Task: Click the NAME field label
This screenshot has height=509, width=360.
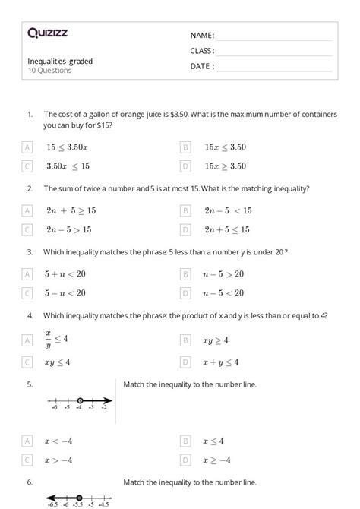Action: [202, 36]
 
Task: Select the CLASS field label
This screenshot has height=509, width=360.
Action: [202, 51]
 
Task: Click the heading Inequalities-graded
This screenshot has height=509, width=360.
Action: [60, 62]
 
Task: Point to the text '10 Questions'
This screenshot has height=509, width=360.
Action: [49, 71]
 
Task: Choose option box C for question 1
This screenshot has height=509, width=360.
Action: [28, 166]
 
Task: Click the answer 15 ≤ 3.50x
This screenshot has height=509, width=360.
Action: [67, 147]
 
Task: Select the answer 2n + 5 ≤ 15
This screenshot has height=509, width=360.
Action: [226, 229]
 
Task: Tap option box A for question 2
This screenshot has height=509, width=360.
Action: [28, 210]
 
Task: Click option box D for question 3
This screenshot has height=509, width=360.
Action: [185, 292]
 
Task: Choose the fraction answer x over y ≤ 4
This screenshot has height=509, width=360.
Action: [57, 338]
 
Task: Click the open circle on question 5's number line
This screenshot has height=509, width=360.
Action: [80, 400]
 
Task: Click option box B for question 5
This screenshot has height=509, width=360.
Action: [185, 441]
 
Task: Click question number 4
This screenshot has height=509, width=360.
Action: [30, 315]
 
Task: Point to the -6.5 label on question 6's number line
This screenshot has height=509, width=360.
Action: [52, 504]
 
